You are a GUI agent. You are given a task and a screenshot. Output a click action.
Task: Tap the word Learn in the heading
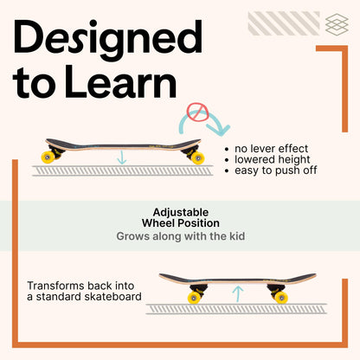pyautogui.click(x=121, y=82)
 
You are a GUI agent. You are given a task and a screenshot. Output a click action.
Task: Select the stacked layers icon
pyautogui.click(x=337, y=24)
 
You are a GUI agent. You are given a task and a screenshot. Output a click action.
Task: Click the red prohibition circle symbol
pyautogui.click(x=197, y=112)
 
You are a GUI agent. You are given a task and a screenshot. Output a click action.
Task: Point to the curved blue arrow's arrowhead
pyautogui.click(x=220, y=129)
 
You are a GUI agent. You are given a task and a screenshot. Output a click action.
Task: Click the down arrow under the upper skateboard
pyautogui.click(x=122, y=157)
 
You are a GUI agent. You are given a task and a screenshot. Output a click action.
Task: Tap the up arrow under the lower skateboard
pyautogui.click(x=238, y=293)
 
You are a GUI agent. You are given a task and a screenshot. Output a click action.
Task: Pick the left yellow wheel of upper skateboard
pyautogui.click(x=48, y=157)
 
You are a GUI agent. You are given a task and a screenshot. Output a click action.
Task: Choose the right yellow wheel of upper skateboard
pyautogui.click(x=198, y=157)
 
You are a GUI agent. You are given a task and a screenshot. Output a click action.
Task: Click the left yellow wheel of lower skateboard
pyautogui.click(x=194, y=298)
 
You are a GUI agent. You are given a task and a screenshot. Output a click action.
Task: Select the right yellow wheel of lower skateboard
pyautogui.click(x=281, y=298)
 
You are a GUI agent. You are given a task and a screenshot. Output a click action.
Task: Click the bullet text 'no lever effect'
pyautogui.click(x=271, y=149)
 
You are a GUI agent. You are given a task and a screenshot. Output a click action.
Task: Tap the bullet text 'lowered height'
pyautogui.click(x=273, y=159)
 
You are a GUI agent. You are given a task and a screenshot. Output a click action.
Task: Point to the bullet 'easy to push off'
pyautogui.click(x=276, y=170)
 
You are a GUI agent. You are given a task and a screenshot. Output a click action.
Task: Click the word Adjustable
pyautogui.click(x=181, y=213)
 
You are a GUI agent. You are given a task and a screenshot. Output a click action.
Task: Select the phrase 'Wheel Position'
pyautogui.click(x=181, y=223)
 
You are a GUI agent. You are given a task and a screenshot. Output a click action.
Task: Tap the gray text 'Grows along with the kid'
pyautogui.click(x=181, y=236)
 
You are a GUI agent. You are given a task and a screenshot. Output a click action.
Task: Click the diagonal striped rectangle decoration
pyautogui.click(x=284, y=23)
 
